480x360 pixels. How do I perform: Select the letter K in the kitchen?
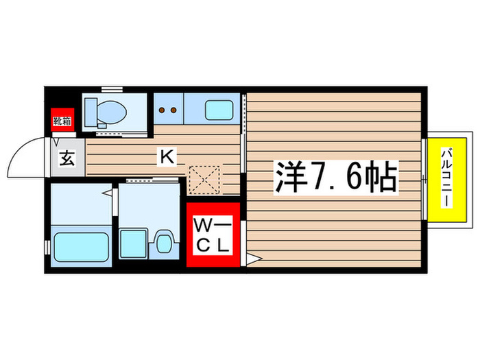click(x=167, y=157)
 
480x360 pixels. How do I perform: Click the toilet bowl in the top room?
click(x=109, y=109)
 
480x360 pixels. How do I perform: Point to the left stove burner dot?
click(x=163, y=108)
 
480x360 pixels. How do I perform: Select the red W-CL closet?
click(x=213, y=234)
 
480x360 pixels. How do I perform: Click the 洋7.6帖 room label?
click(x=337, y=178)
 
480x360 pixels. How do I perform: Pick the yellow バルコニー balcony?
click(x=445, y=179)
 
